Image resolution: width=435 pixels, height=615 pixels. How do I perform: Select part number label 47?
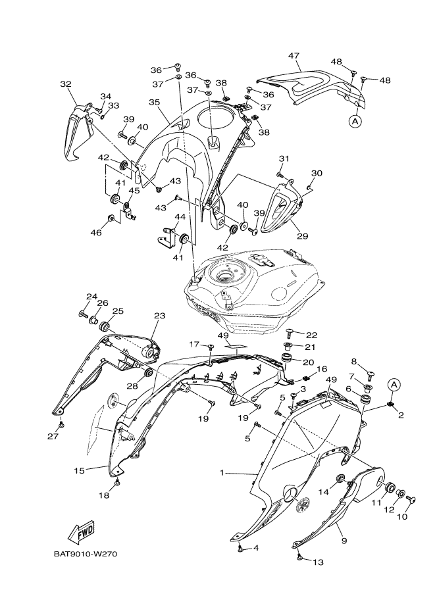tap(294, 57)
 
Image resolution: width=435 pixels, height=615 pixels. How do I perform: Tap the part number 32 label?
tap(65, 84)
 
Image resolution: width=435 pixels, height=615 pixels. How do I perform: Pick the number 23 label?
tap(159, 316)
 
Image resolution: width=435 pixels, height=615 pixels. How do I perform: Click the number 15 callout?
tap(80, 470)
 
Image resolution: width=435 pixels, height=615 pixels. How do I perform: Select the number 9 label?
tap(343, 540)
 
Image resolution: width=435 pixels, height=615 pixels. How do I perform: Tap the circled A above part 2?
tap(394, 383)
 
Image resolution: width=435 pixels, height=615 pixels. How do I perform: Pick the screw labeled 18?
tap(117, 483)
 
